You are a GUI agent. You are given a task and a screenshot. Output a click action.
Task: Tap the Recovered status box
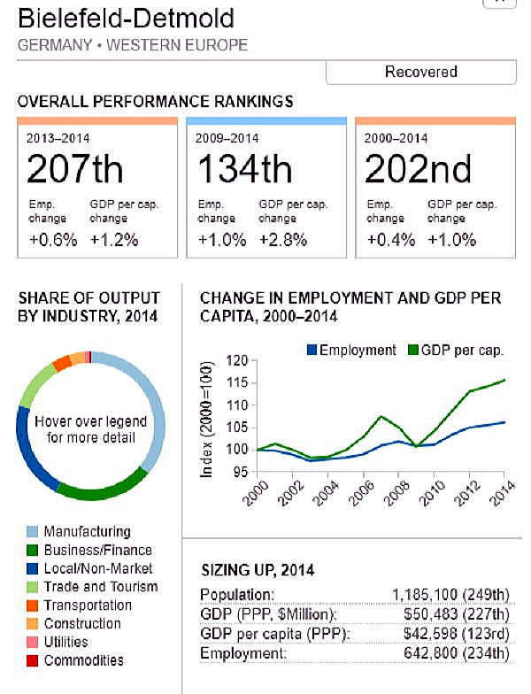coord(420,72)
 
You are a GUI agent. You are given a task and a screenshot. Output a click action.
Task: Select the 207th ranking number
coord(75,168)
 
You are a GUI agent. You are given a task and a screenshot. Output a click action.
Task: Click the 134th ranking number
coord(244,168)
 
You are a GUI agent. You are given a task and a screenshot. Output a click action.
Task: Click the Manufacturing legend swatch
coord(33,532)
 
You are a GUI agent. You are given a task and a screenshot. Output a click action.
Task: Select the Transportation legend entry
coord(88,605)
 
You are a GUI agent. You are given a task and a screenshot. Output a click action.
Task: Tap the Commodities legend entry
coord(83,660)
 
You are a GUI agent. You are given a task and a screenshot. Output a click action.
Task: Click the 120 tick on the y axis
coord(236,361)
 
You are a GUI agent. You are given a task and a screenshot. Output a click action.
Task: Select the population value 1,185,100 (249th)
coord(450,593)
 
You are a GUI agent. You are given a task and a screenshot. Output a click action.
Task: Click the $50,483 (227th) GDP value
coord(455,613)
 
